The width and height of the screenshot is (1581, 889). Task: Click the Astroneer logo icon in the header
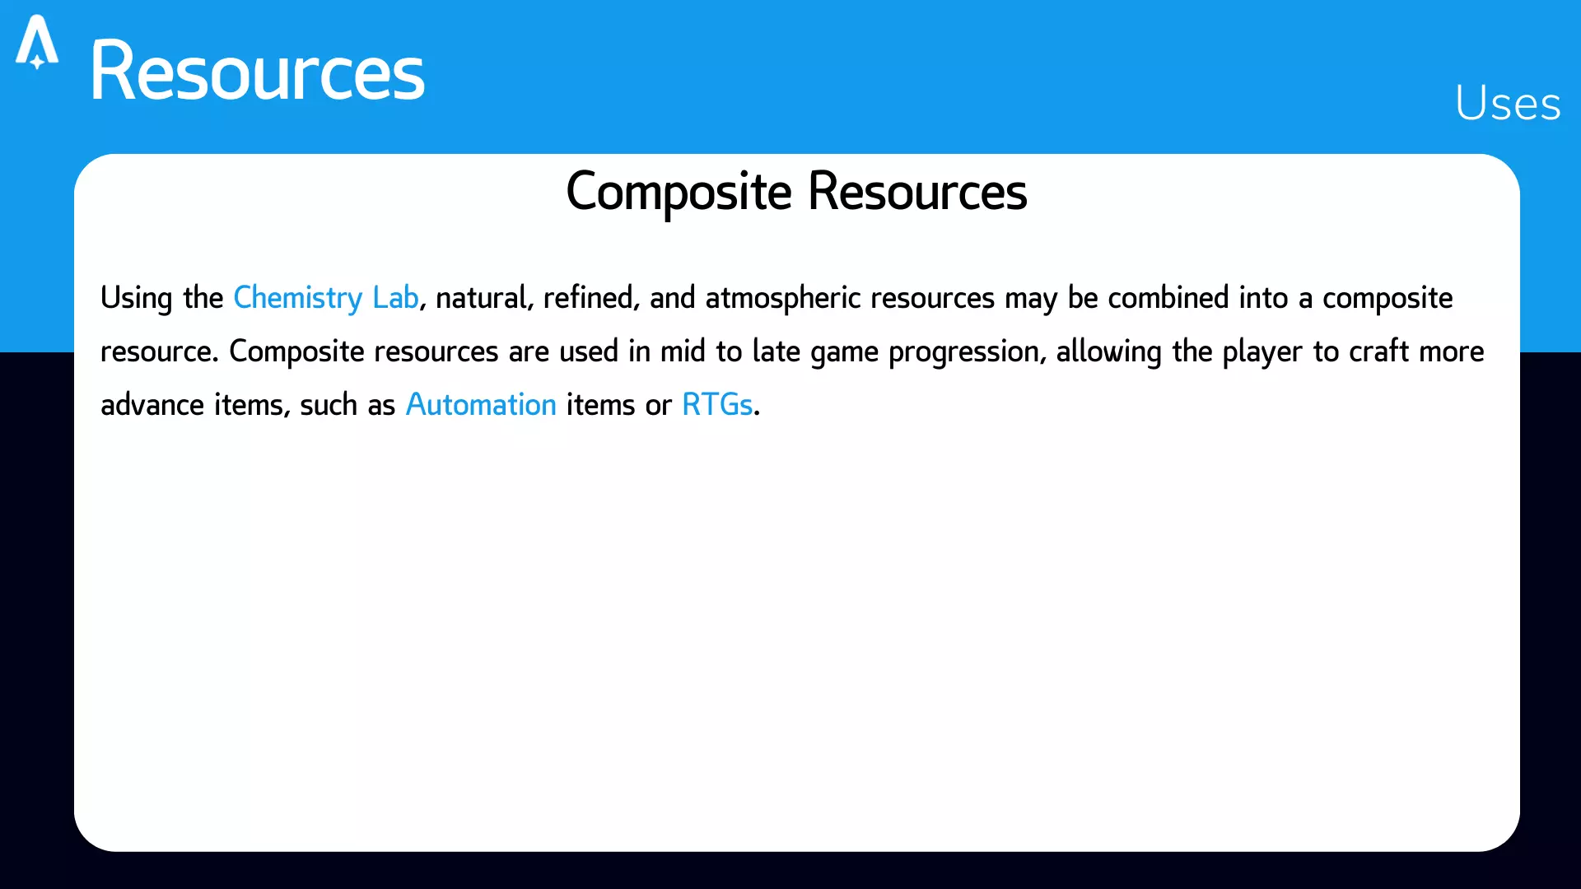[x=37, y=42]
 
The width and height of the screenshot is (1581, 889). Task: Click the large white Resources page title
[x=257, y=72]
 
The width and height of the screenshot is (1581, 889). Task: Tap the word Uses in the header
[x=1508, y=104]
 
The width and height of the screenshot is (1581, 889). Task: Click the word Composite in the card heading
[x=679, y=193]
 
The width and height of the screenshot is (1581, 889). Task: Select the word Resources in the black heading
[x=917, y=192]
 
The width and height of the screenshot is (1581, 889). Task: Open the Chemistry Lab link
[x=326, y=298]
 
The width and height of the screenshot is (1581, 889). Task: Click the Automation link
[x=481, y=404]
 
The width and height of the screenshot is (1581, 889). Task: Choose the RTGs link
[x=717, y=404]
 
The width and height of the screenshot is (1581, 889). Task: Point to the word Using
[x=137, y=299]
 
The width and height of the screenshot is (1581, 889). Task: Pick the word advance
[x=152, y=405]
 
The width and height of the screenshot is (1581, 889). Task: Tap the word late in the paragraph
[x=777, y=351]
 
